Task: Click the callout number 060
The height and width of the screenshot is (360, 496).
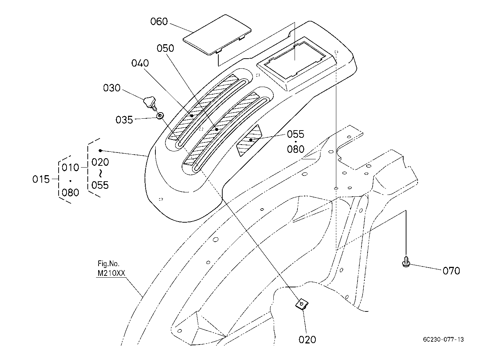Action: [x=159, y=22]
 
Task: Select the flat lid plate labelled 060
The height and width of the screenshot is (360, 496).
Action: [x=217, y=35]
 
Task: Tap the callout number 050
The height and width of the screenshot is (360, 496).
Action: [x=165, y=48]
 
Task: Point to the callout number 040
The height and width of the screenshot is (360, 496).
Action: [x=140, y=63]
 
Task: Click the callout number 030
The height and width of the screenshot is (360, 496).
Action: [x=112, y=88]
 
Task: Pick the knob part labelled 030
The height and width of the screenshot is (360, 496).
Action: [x=150, y=103]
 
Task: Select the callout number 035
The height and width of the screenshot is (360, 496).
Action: [x=124, y=120]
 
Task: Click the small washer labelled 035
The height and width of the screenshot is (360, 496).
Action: [x=160, y=115]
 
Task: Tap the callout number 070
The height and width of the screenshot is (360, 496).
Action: [x=451, y=270]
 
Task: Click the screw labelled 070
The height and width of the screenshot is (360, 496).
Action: [x=406, y=261]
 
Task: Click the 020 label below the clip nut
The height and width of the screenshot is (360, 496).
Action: [x=307, y=340]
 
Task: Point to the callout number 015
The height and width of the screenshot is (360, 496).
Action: [x=41, y=179]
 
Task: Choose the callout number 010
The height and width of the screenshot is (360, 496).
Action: [x=70, y=168]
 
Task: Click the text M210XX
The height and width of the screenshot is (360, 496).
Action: [x=112, y=273]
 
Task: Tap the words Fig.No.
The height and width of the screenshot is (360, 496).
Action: [x=109, y=264]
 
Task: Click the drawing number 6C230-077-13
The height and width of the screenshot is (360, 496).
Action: [x=443, y=340]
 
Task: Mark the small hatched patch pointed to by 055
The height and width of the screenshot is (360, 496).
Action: [x=249, y=140]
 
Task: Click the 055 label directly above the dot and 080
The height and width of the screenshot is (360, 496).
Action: [x=296, y=134]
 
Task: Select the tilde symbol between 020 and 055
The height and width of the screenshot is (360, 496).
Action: [x=100, y=174]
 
